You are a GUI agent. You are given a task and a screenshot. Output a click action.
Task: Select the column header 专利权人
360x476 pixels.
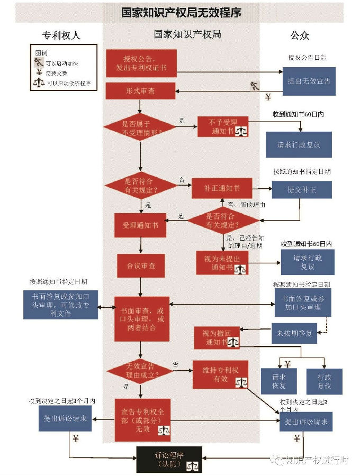click(x=61, y=35)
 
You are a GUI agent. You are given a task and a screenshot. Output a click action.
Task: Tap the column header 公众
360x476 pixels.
click(x=299, y=35)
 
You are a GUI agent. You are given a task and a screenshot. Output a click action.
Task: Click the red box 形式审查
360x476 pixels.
click(x=140, y=91)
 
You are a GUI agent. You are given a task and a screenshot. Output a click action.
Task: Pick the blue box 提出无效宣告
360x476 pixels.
click(x=309, y=81)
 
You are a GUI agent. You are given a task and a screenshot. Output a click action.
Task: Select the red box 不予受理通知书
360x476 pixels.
click(x=223, y=126)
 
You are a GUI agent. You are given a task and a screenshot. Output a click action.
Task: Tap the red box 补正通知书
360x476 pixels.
click(x=222, y=188)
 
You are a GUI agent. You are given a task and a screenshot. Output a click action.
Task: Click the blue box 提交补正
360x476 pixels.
click(x=302, y=190)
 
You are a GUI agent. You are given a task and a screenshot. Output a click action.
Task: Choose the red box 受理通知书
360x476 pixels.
click(x=140, y=226)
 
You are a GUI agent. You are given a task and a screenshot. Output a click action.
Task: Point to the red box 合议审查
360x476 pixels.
click(x=140, y=266)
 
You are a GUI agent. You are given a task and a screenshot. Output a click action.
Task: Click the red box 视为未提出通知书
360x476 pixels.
click(x=222, y=262)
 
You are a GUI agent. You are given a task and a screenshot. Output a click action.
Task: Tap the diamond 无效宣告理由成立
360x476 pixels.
click(x=140, y=370)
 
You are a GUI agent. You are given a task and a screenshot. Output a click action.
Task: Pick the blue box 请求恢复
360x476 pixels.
click(x=280, y=381)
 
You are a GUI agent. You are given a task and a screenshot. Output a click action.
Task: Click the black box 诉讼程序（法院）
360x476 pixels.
click(x=169, y=459)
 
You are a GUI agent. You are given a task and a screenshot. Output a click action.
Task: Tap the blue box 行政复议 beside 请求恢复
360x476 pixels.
click(x=325, y=381)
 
